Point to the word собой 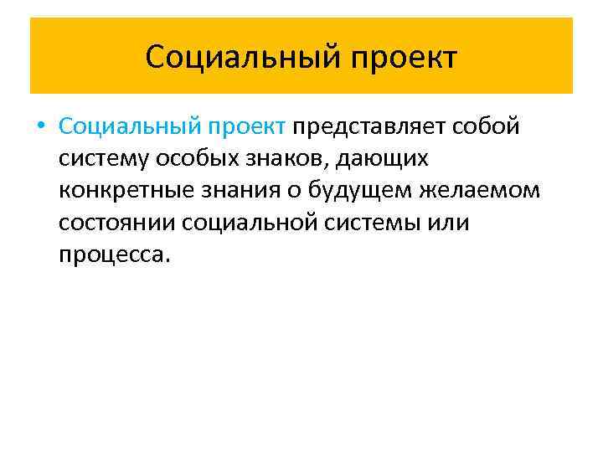click(x=487, y=126)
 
